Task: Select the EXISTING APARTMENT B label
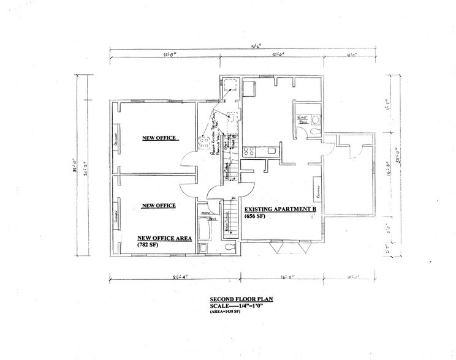click(280, 209)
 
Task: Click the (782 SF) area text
click(146, 244)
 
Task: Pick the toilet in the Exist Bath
click(313, 130)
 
